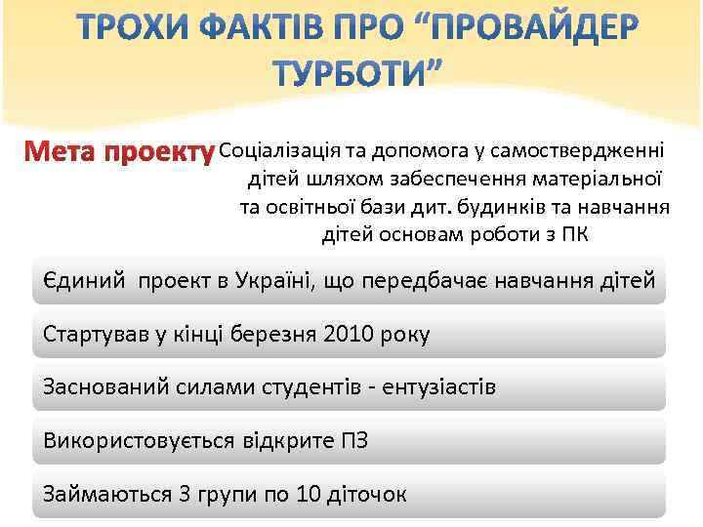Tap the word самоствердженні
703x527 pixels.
[x=580, y=151]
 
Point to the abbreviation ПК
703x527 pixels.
[x=576, y=235]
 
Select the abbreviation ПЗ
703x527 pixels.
[x=353, y=440]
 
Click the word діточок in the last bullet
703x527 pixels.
[x=369, y=494]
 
